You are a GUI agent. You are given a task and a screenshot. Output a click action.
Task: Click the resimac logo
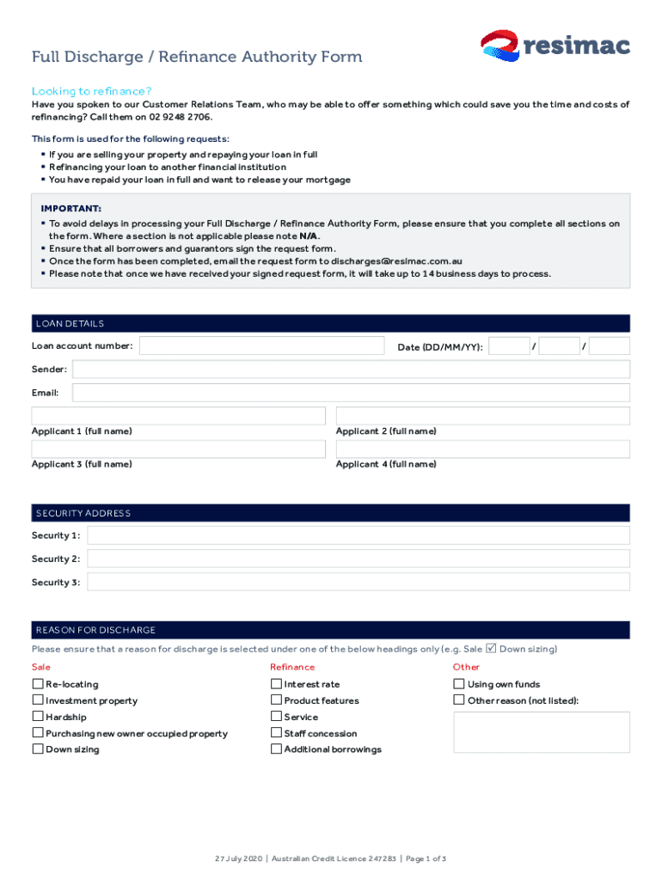tap(555, 46)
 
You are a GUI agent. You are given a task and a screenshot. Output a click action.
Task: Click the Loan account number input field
tap(261, 346)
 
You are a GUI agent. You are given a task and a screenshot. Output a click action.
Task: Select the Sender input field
tap(351, 370)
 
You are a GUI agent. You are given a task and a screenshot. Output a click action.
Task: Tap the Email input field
tap(351, 393)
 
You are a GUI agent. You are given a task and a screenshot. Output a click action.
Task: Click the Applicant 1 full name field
tap(178, 416)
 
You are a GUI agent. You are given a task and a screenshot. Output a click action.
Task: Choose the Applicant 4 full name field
tap(482, 449)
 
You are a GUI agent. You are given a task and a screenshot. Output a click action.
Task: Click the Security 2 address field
tap(359, 559)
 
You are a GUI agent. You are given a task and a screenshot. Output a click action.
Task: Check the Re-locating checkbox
tap(38, 684)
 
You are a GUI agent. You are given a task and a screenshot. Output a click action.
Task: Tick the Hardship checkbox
tap(38, 717)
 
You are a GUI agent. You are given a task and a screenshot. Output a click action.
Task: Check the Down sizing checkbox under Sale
tap(38, 749)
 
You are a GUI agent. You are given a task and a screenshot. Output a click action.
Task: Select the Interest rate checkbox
tap(276, 684)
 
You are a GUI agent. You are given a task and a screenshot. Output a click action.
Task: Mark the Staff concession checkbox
tap(276, 733)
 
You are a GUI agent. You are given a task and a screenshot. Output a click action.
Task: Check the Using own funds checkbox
tap(459, 684)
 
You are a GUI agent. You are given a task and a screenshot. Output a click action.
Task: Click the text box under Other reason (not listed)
tap(541, 732)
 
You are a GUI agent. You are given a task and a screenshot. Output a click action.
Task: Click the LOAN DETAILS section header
tap(70, 324)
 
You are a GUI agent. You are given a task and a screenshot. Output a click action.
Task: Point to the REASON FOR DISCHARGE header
tap(95, 630)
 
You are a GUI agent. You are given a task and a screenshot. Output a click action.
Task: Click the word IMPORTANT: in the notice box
tap(70, 209)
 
